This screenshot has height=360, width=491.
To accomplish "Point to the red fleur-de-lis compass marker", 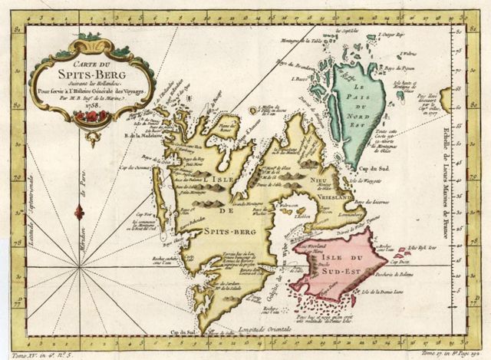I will pos(79,211).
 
